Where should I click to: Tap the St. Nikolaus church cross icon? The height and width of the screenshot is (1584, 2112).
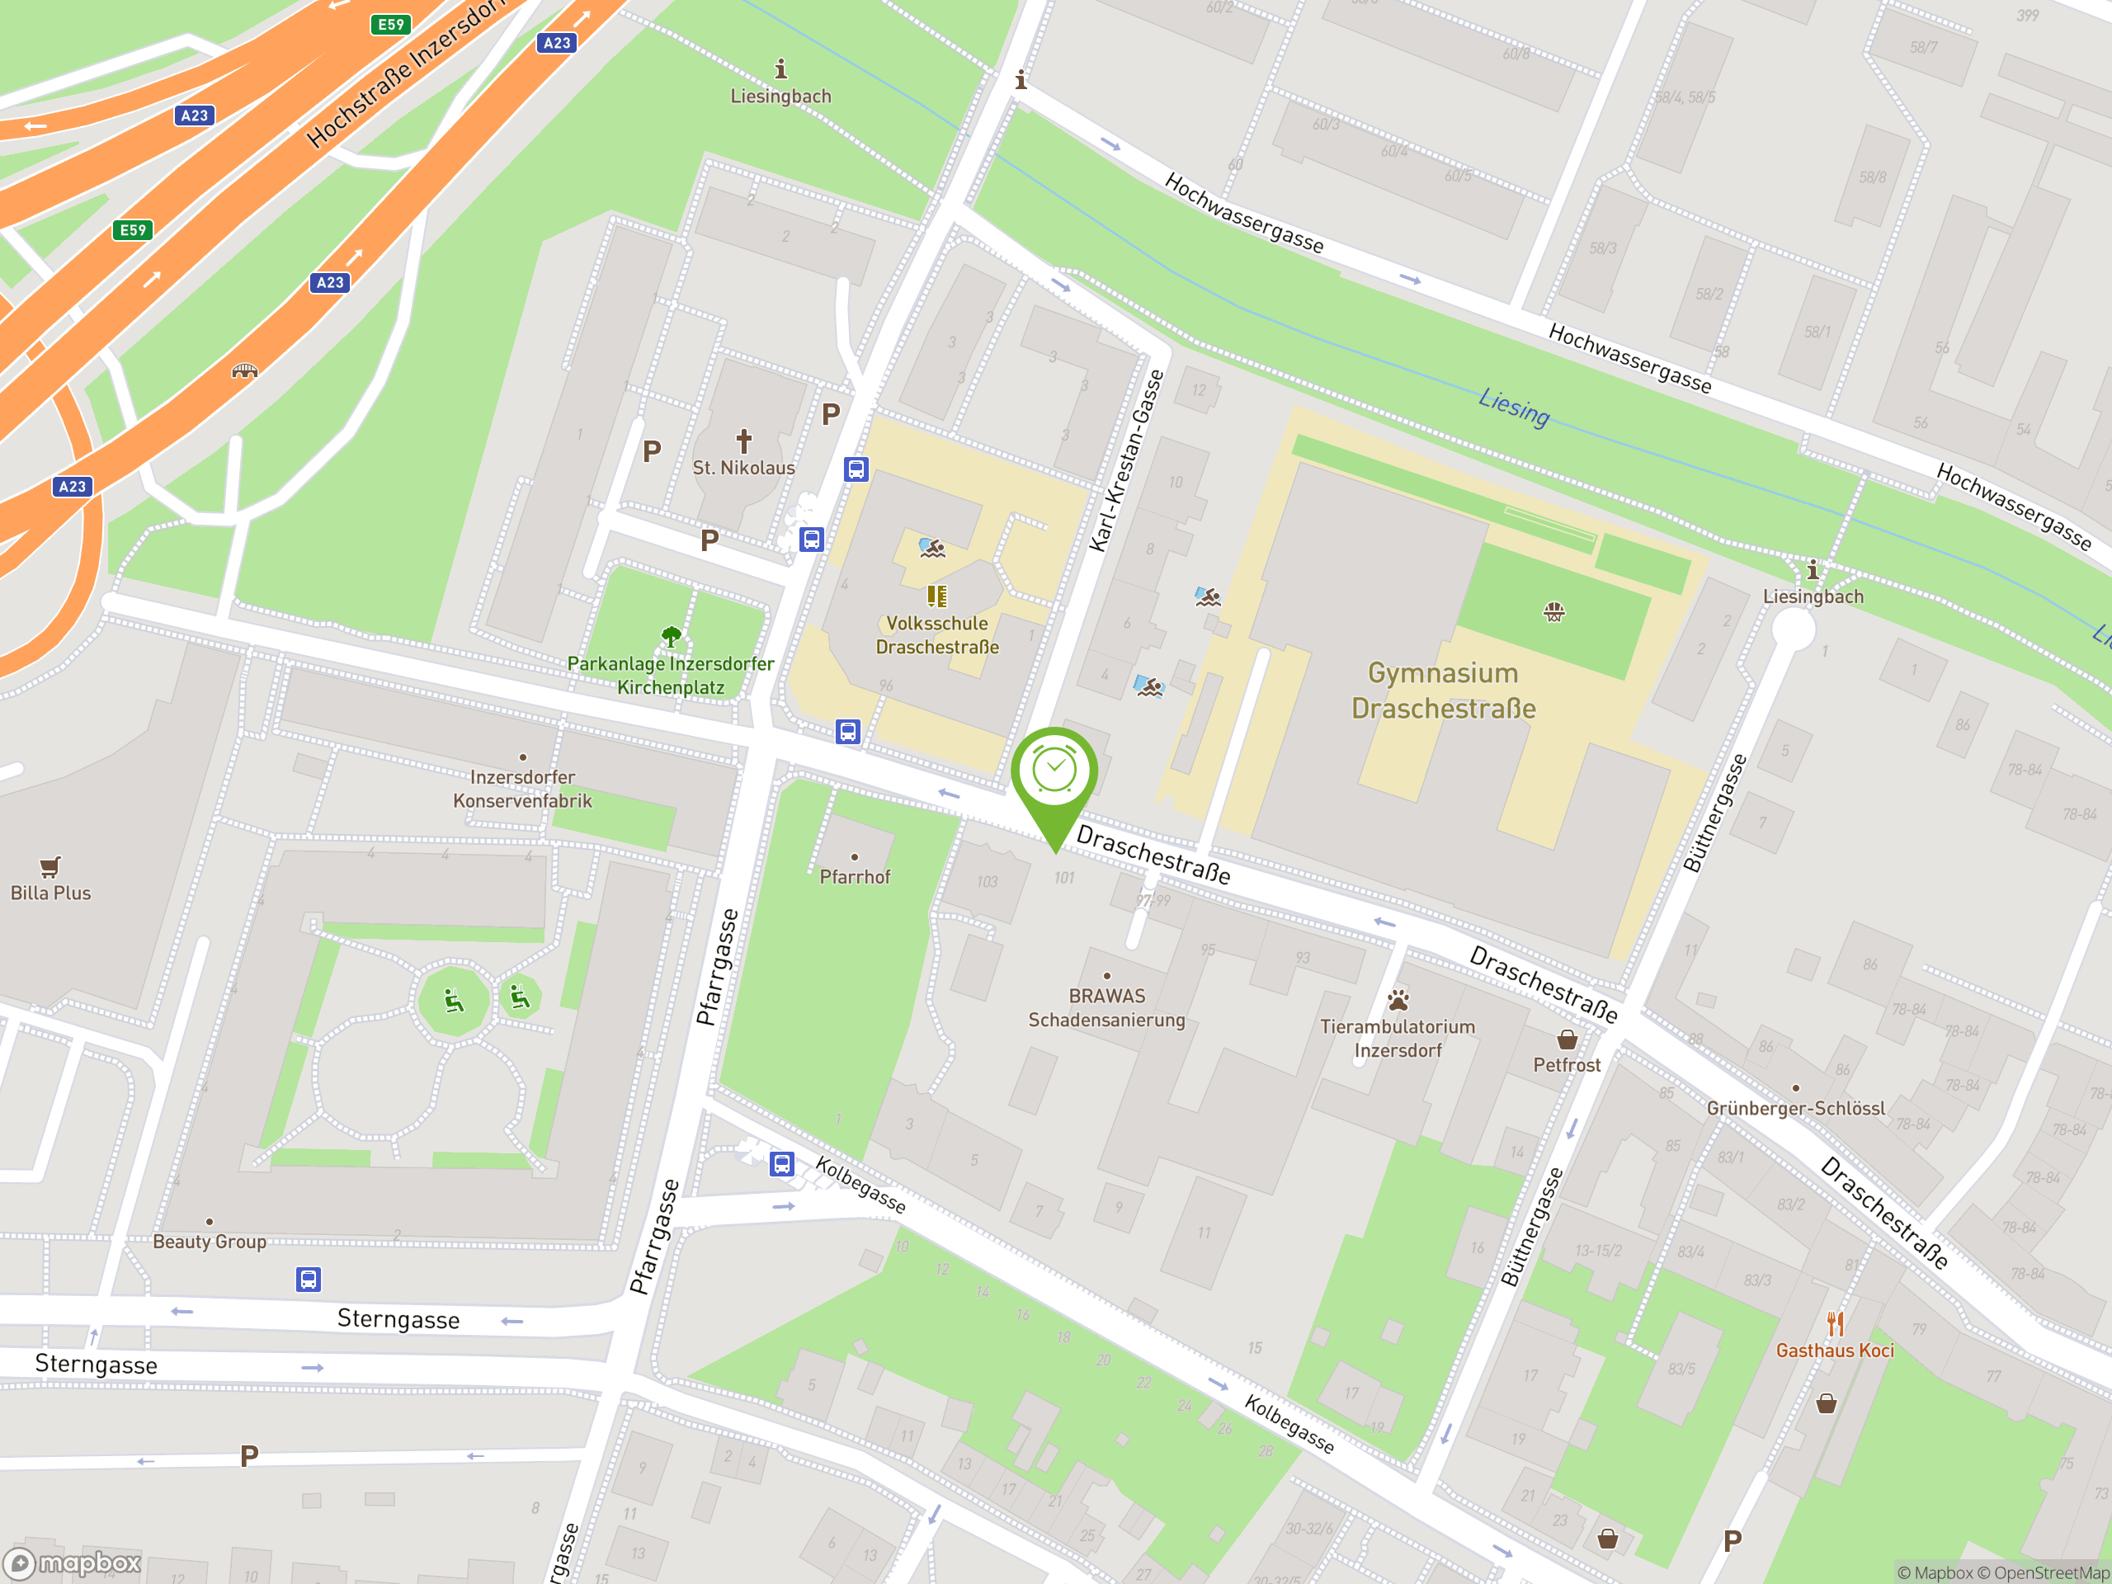pos(744,441)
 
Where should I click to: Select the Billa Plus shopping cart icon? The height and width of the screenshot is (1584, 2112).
pos(50,866)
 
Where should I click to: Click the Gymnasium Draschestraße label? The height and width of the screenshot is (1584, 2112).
pos(1443,691)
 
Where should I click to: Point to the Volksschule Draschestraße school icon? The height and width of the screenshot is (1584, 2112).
pos(936,596)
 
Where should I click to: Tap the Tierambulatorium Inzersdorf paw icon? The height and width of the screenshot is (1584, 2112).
pos(1398,1000)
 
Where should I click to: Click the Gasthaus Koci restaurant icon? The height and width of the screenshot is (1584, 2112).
pos(1834,1324)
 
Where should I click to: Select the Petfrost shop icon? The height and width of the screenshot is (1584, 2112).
pos(1567,1039)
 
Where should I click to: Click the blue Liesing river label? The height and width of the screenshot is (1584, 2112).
pos(1513,407)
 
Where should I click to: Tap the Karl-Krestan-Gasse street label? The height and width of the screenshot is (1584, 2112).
pos(1128,461)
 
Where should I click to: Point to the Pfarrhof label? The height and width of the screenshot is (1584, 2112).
pos(855,876)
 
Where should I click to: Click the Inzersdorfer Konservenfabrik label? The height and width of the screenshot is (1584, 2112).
pos(522,789)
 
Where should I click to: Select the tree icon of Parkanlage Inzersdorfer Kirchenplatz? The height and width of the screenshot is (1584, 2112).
pos(672,636)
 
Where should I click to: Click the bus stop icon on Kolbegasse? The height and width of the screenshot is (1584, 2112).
pos(782,1164)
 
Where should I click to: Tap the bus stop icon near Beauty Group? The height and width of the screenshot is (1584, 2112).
pos(308,1280)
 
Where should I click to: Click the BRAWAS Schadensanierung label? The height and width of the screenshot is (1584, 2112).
pos(1106,1007)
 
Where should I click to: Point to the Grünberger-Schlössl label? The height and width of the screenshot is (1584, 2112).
pos(1795,1107)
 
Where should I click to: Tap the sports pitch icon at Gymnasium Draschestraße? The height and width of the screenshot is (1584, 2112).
pos(1553,612)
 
